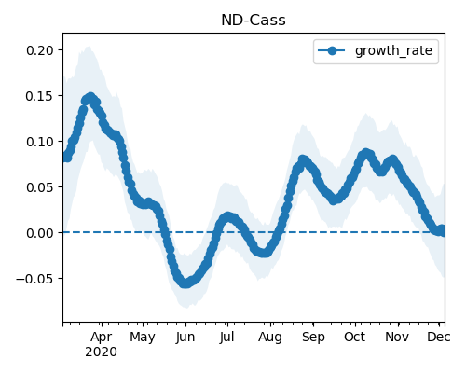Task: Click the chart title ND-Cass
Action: point(254,21)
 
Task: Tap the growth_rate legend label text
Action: point(393,50)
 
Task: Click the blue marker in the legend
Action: point(332,50)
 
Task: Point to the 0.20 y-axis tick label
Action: point(40,50)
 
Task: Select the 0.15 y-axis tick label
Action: point(40,96)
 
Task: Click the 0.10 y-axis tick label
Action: point(40,142)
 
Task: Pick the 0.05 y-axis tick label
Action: point(40,187)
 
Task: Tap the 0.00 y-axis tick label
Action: point(40,233)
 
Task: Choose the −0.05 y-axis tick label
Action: point(35,279)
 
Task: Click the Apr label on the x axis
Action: point(102,338)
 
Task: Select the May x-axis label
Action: point(143,338)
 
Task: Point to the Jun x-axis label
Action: point(185,338)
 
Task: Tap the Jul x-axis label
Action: point(226,338)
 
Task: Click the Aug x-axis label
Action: point(270,338)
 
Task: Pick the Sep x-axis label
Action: point(313,338)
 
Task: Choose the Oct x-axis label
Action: point(354,338)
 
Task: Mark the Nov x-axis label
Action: point(397,338)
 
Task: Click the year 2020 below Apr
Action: point(102,352)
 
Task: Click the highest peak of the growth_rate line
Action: point(90,98)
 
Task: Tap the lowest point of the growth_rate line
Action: point(185,283)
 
